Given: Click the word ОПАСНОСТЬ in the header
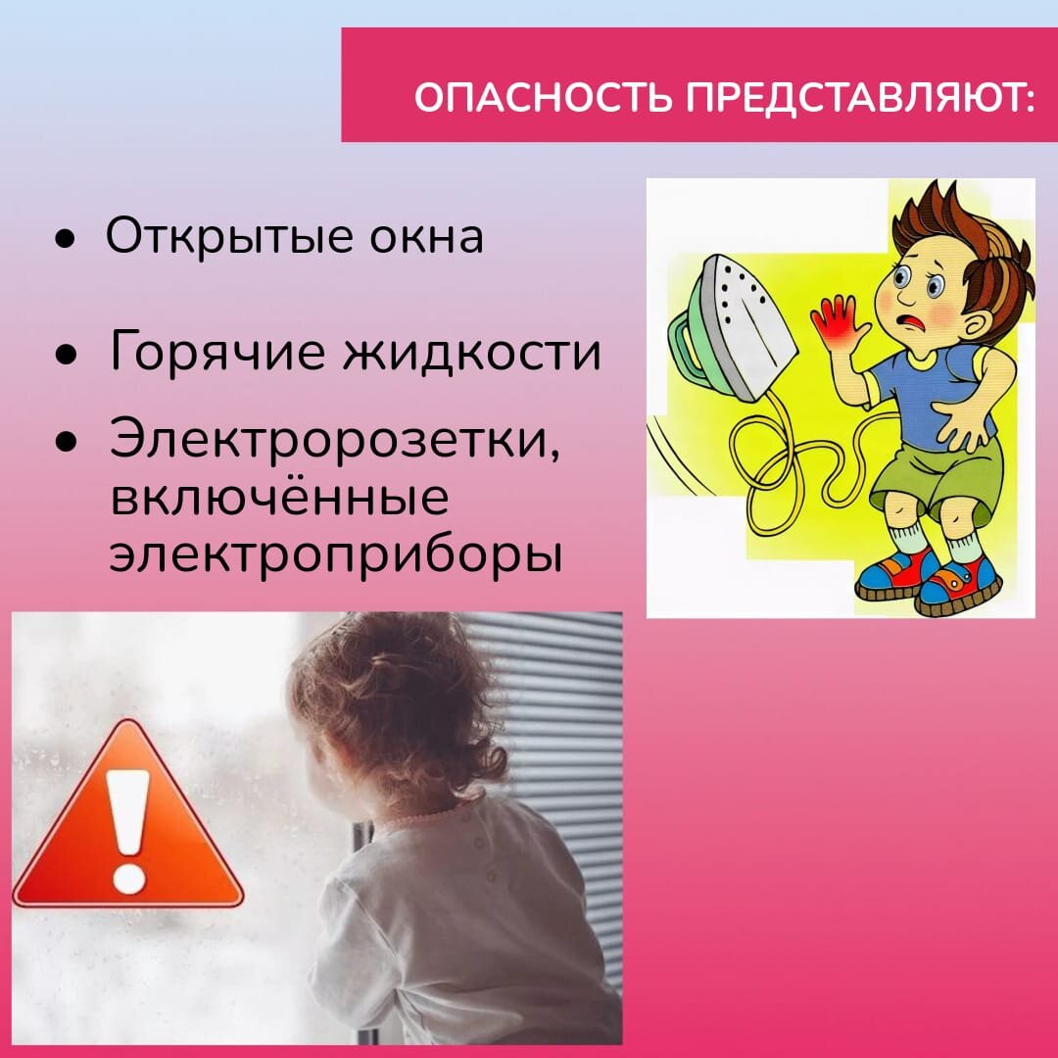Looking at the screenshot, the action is tap(543, 97).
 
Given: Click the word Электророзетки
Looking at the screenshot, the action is tap(335, 438).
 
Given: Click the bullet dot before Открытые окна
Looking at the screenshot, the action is tap(64, 240).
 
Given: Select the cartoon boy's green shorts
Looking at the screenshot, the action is tap(935, 476).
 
